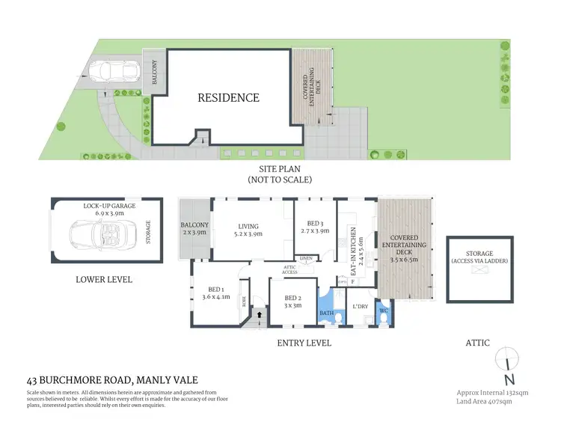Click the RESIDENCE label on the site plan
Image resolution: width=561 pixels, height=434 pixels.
[x=228, y=97]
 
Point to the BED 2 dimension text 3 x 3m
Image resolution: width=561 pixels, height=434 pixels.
[x=293, y=305]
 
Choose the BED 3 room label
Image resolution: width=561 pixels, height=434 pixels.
[x=314, y=222]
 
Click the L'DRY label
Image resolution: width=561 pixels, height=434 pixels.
[x=360, y=306]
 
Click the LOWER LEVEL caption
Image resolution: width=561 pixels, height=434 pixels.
[x=104, y=279]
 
